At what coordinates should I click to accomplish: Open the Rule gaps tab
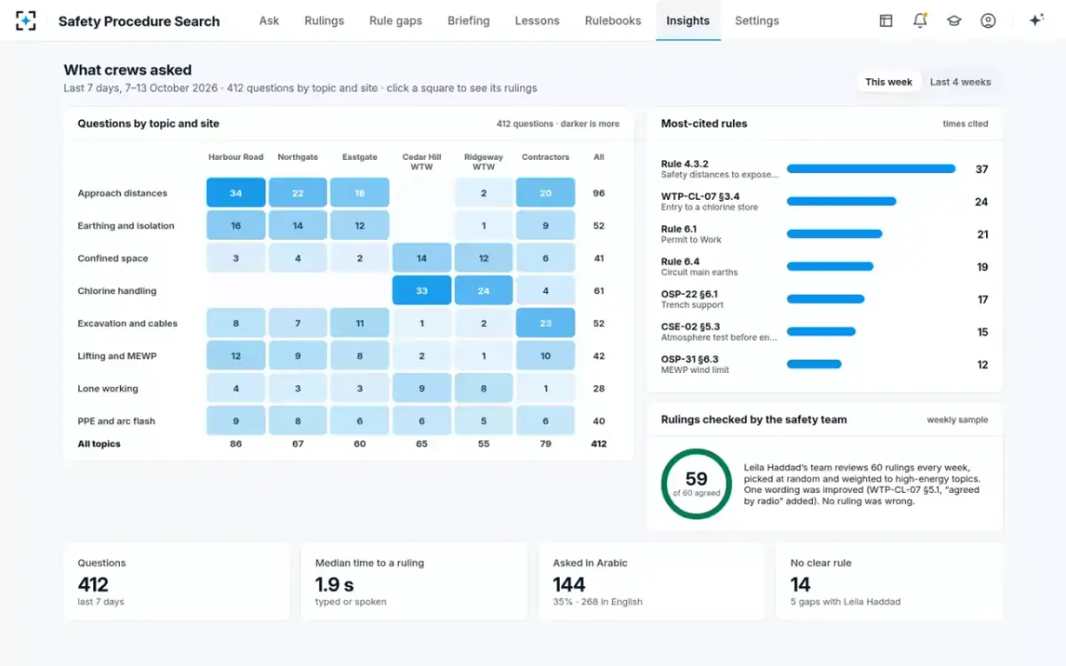(395, 21)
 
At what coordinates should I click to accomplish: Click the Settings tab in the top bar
(757, 21)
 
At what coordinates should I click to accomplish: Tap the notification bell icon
(920, 20)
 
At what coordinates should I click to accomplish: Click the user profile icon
(988, 20)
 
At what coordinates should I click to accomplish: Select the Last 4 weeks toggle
(960, 82)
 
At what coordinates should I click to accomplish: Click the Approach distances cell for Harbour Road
(236, 193)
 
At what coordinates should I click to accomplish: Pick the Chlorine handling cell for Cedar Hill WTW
(422, 290)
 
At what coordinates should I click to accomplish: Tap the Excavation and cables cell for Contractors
(545, 323)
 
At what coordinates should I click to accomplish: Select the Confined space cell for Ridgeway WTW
(483, 258)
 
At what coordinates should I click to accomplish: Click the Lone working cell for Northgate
(298, 388)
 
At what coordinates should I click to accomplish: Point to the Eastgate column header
(360, 157)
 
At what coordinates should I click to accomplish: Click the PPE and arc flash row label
(116, 421)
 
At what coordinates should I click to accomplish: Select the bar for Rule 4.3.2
(871, 169)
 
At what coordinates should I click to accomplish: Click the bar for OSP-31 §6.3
(815, 364)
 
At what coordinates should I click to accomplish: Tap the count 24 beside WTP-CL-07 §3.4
(982, 202)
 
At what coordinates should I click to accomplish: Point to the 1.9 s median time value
(335, 584)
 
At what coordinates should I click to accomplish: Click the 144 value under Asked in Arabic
(569, 584)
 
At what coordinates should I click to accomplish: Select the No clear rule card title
(821, 563)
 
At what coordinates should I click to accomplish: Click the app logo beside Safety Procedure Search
(26, 21)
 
